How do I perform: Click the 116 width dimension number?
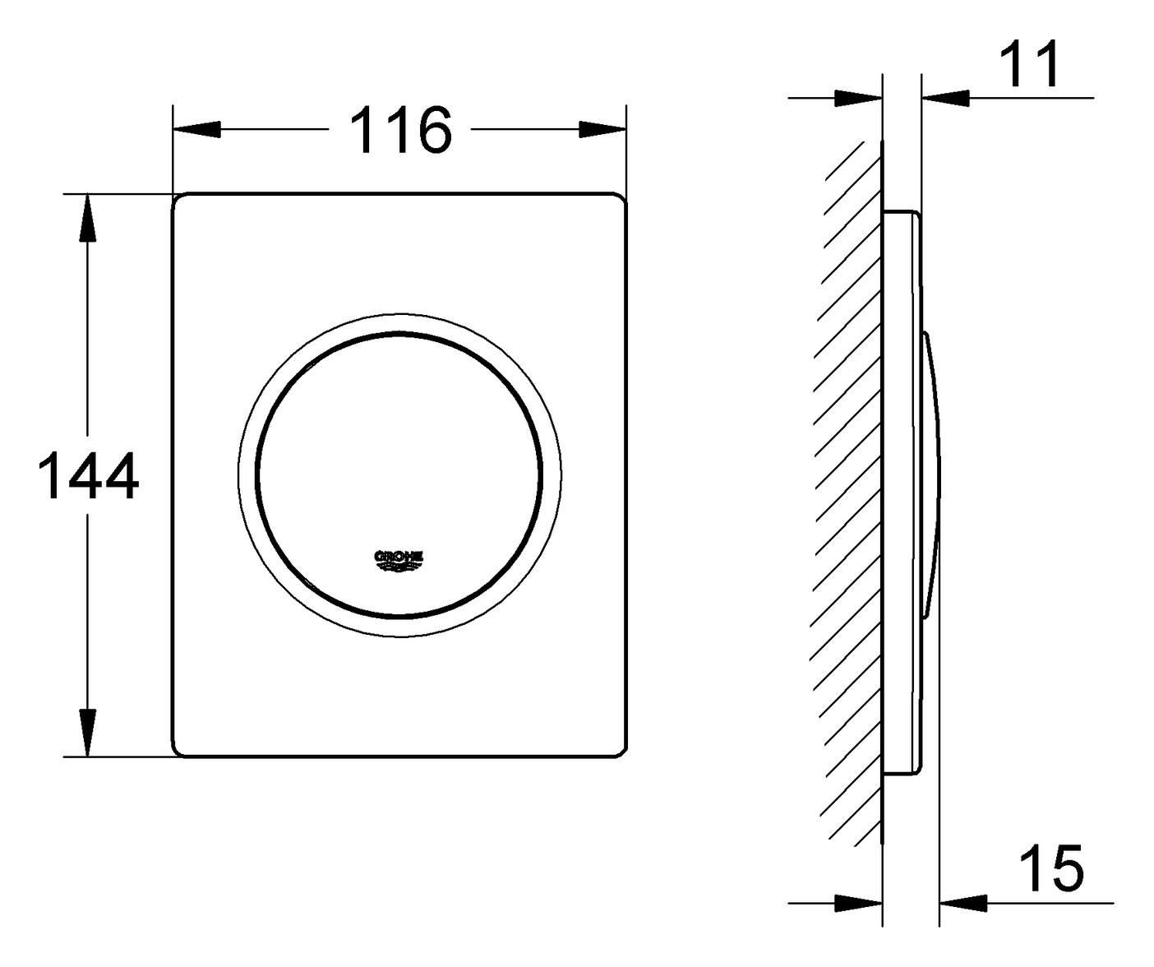pos(401,130)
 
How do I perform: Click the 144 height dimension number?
pos(89,476)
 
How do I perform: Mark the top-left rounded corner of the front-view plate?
pos(178,198)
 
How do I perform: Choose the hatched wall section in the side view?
pos(851,493)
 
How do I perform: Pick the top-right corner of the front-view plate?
pos(621,198)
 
